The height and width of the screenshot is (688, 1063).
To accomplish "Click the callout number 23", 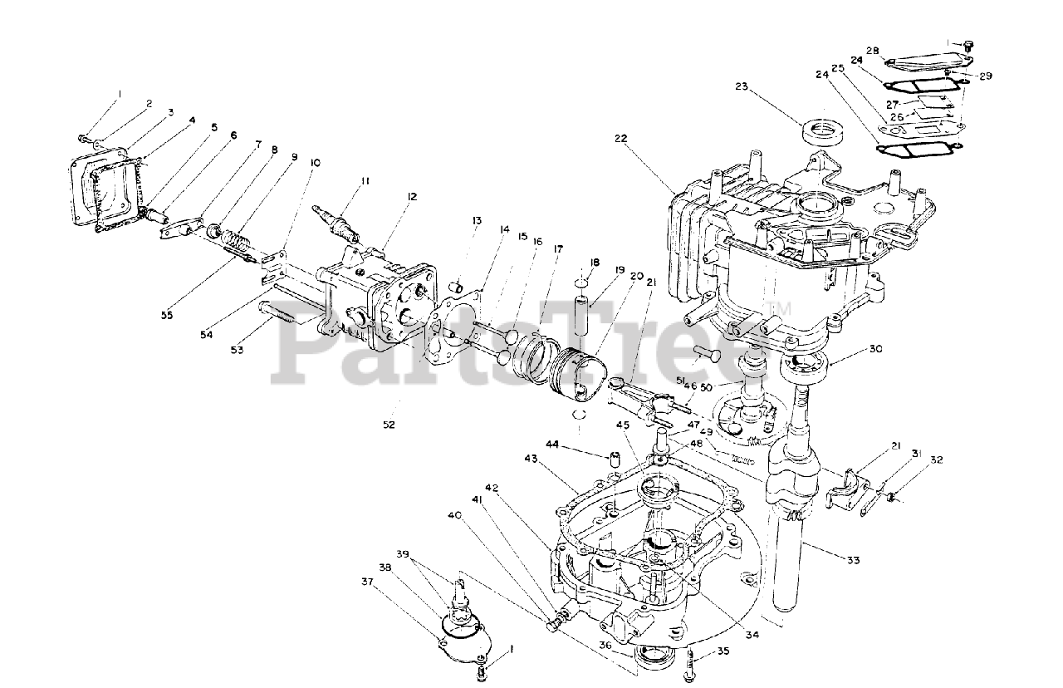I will (742, 86).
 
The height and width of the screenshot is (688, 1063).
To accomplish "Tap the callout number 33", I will (853, 560).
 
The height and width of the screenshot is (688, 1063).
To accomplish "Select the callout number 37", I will (368, 581).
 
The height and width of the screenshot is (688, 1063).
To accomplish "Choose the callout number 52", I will (389, 424).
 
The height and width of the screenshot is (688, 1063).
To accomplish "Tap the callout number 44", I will (552, 446).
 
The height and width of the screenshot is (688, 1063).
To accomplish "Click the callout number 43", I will (532, 458).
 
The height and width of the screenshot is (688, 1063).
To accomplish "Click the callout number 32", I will (937, 459).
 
